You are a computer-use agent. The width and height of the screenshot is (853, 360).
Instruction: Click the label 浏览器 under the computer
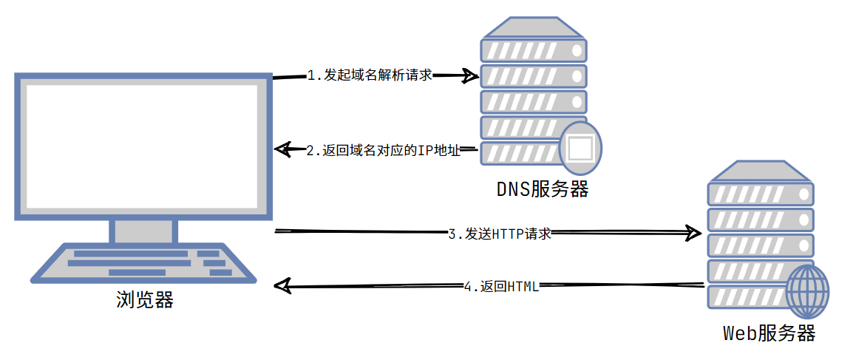[145, 299]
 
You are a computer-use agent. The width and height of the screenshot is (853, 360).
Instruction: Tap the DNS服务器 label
[543, 189]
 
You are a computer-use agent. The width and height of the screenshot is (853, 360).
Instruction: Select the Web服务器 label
[769, 333]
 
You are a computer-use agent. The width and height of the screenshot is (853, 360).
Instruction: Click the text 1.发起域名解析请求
[370, 75]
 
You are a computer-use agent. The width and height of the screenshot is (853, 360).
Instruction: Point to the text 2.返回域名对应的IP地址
[384, 151]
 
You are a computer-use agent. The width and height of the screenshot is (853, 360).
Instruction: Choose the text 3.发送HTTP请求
[500, 234]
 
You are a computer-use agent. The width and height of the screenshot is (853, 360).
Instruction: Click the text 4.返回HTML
[501, 286]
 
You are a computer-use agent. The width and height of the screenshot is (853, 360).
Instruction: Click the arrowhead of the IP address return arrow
[282, 150]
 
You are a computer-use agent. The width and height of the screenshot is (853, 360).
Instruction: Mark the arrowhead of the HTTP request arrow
[694, 234]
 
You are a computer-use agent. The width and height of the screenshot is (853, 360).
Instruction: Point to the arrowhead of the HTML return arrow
[282, 285]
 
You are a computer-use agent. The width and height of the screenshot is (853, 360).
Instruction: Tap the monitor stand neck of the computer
[143, 231]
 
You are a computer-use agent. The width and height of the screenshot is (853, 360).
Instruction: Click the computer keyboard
[143, 263]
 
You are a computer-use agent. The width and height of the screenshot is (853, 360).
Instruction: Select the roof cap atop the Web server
[760, 171]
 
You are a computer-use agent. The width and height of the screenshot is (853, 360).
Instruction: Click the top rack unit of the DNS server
[533, 50]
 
